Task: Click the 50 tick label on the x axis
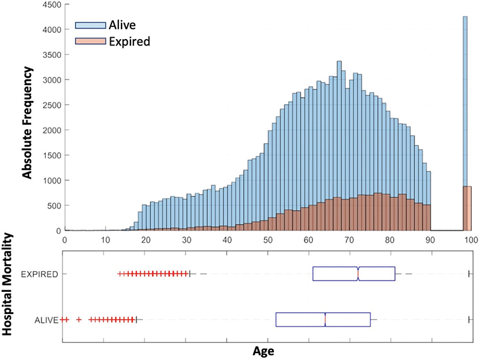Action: (267, 240)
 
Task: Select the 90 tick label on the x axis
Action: (430, 240)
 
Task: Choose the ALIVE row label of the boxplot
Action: (47, 320)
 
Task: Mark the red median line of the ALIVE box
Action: (325, 320)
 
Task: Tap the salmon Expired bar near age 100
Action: (467, 209)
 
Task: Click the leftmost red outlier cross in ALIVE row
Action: (63, 320)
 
